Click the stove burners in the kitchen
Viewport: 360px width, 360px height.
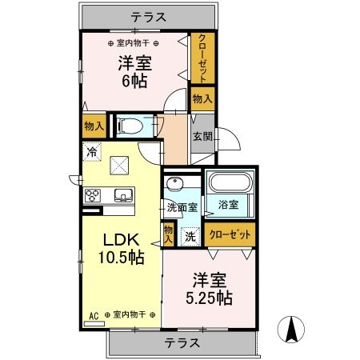(92, 196)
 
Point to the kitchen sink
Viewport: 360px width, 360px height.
(124, 196)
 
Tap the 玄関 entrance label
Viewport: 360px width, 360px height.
(201, 136)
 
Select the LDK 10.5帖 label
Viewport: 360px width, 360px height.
(122, 249)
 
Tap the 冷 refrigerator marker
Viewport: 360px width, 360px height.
(92, 150)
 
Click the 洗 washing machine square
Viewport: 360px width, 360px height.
(190, 236)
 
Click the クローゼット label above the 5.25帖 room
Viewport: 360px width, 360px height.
(230, 234)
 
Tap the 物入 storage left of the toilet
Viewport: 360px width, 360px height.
(94, 126)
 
